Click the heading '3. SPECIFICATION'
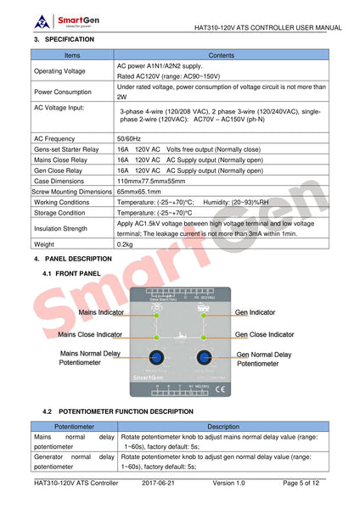(65, 40)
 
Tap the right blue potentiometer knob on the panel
(204, 357)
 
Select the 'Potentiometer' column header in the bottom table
(74, 427)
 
